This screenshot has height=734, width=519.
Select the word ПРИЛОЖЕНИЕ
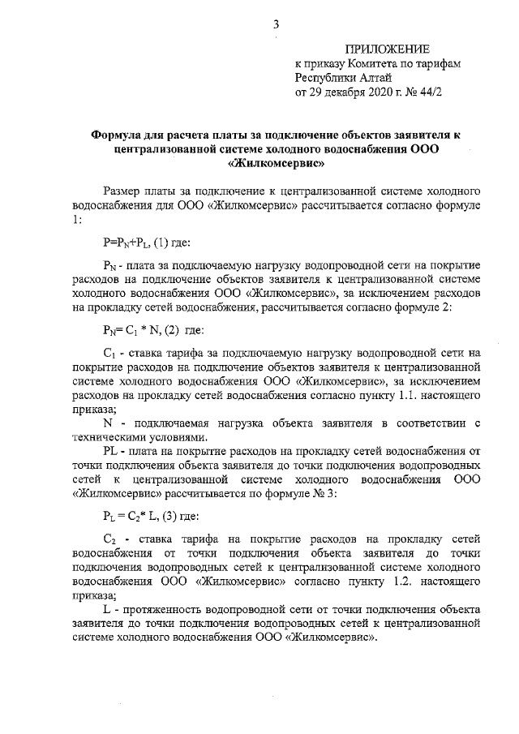[x=388, y=50]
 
